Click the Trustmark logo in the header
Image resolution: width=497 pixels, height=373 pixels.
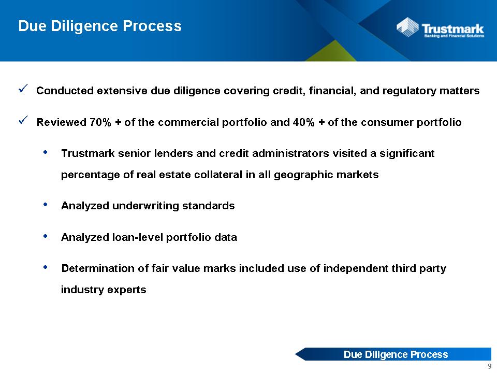tap(440, 27)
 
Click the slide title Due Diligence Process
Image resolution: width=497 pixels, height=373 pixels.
tap(100, 26)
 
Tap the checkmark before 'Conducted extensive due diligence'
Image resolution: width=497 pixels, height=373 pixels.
tap(23, 88)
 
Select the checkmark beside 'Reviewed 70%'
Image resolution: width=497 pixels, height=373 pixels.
tap(23, 120)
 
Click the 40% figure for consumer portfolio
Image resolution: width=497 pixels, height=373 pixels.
tap(304, 122)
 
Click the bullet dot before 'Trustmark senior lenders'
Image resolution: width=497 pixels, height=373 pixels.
tap(46, 152)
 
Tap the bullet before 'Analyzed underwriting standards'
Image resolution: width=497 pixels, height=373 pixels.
tap(46, 205)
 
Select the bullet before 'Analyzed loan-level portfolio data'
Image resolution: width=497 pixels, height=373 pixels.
tap(46, 236)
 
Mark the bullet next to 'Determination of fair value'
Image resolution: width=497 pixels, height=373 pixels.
tap(46, 267)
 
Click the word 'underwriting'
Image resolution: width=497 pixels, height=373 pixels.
tap(145, 206)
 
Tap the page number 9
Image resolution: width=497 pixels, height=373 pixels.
tap(490, 366)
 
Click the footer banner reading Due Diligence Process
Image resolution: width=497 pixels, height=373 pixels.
tap(393, 354)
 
